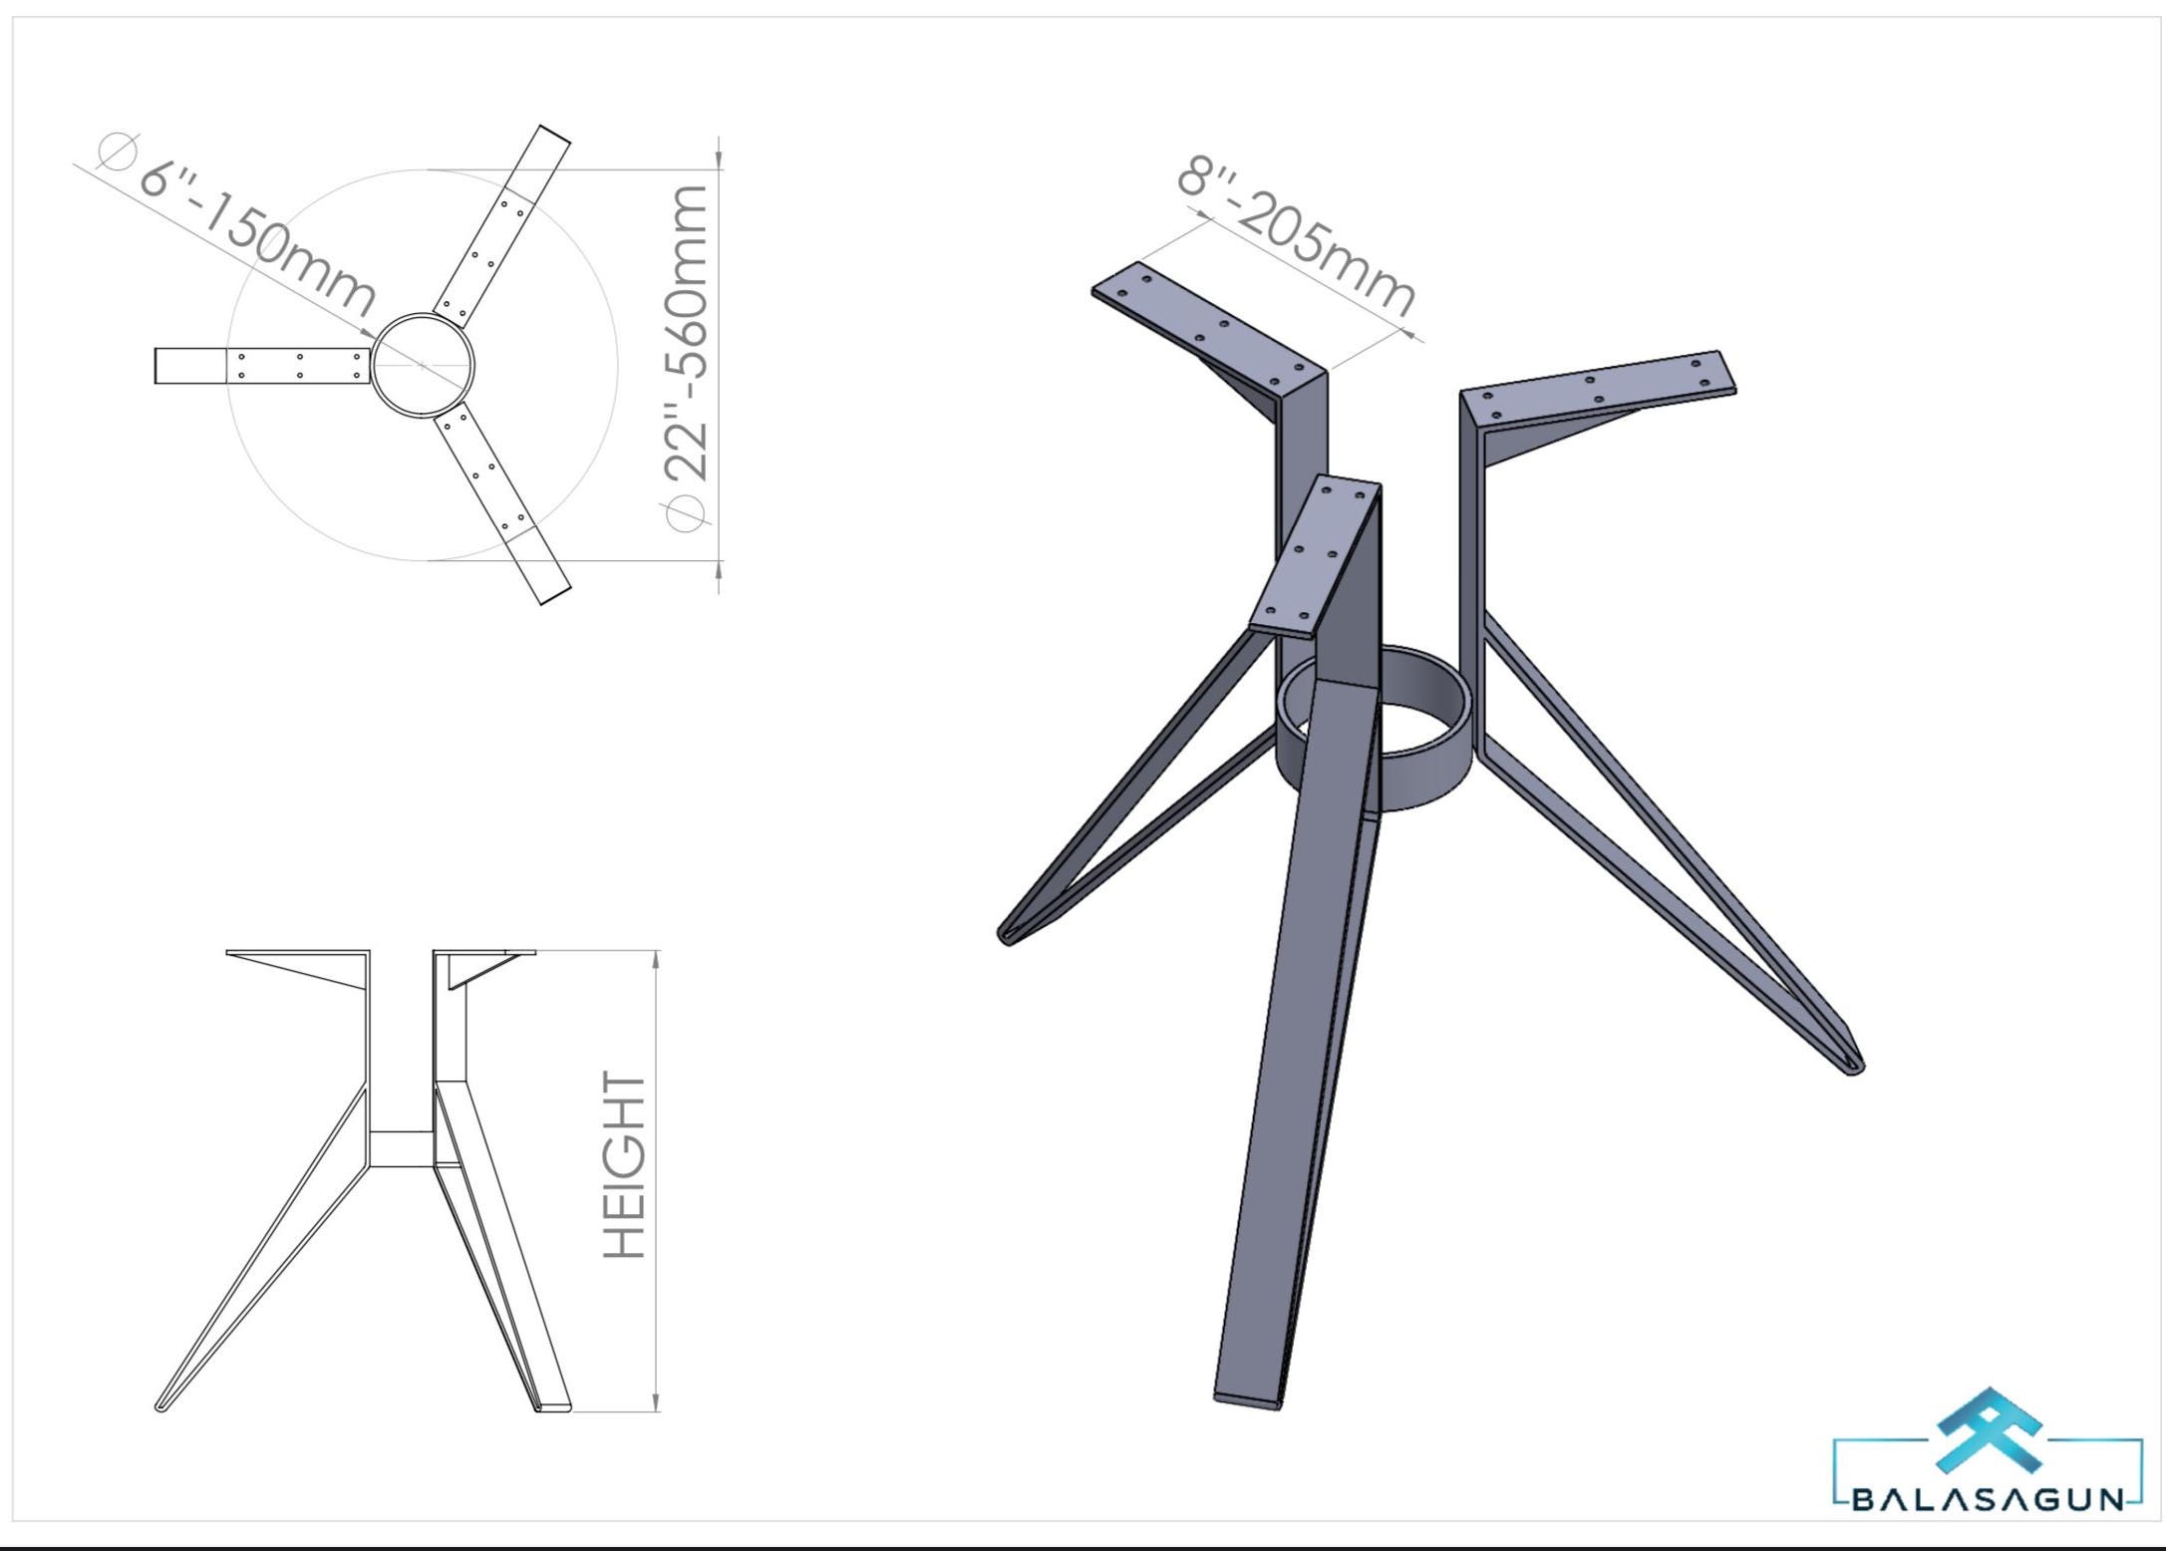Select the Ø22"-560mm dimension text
tap(687, 357)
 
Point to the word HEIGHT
tap(626, 1165)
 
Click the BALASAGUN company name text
tap(1988, 1500)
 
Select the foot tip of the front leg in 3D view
tap(1248, 1398)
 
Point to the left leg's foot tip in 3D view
tap(1007, 935)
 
